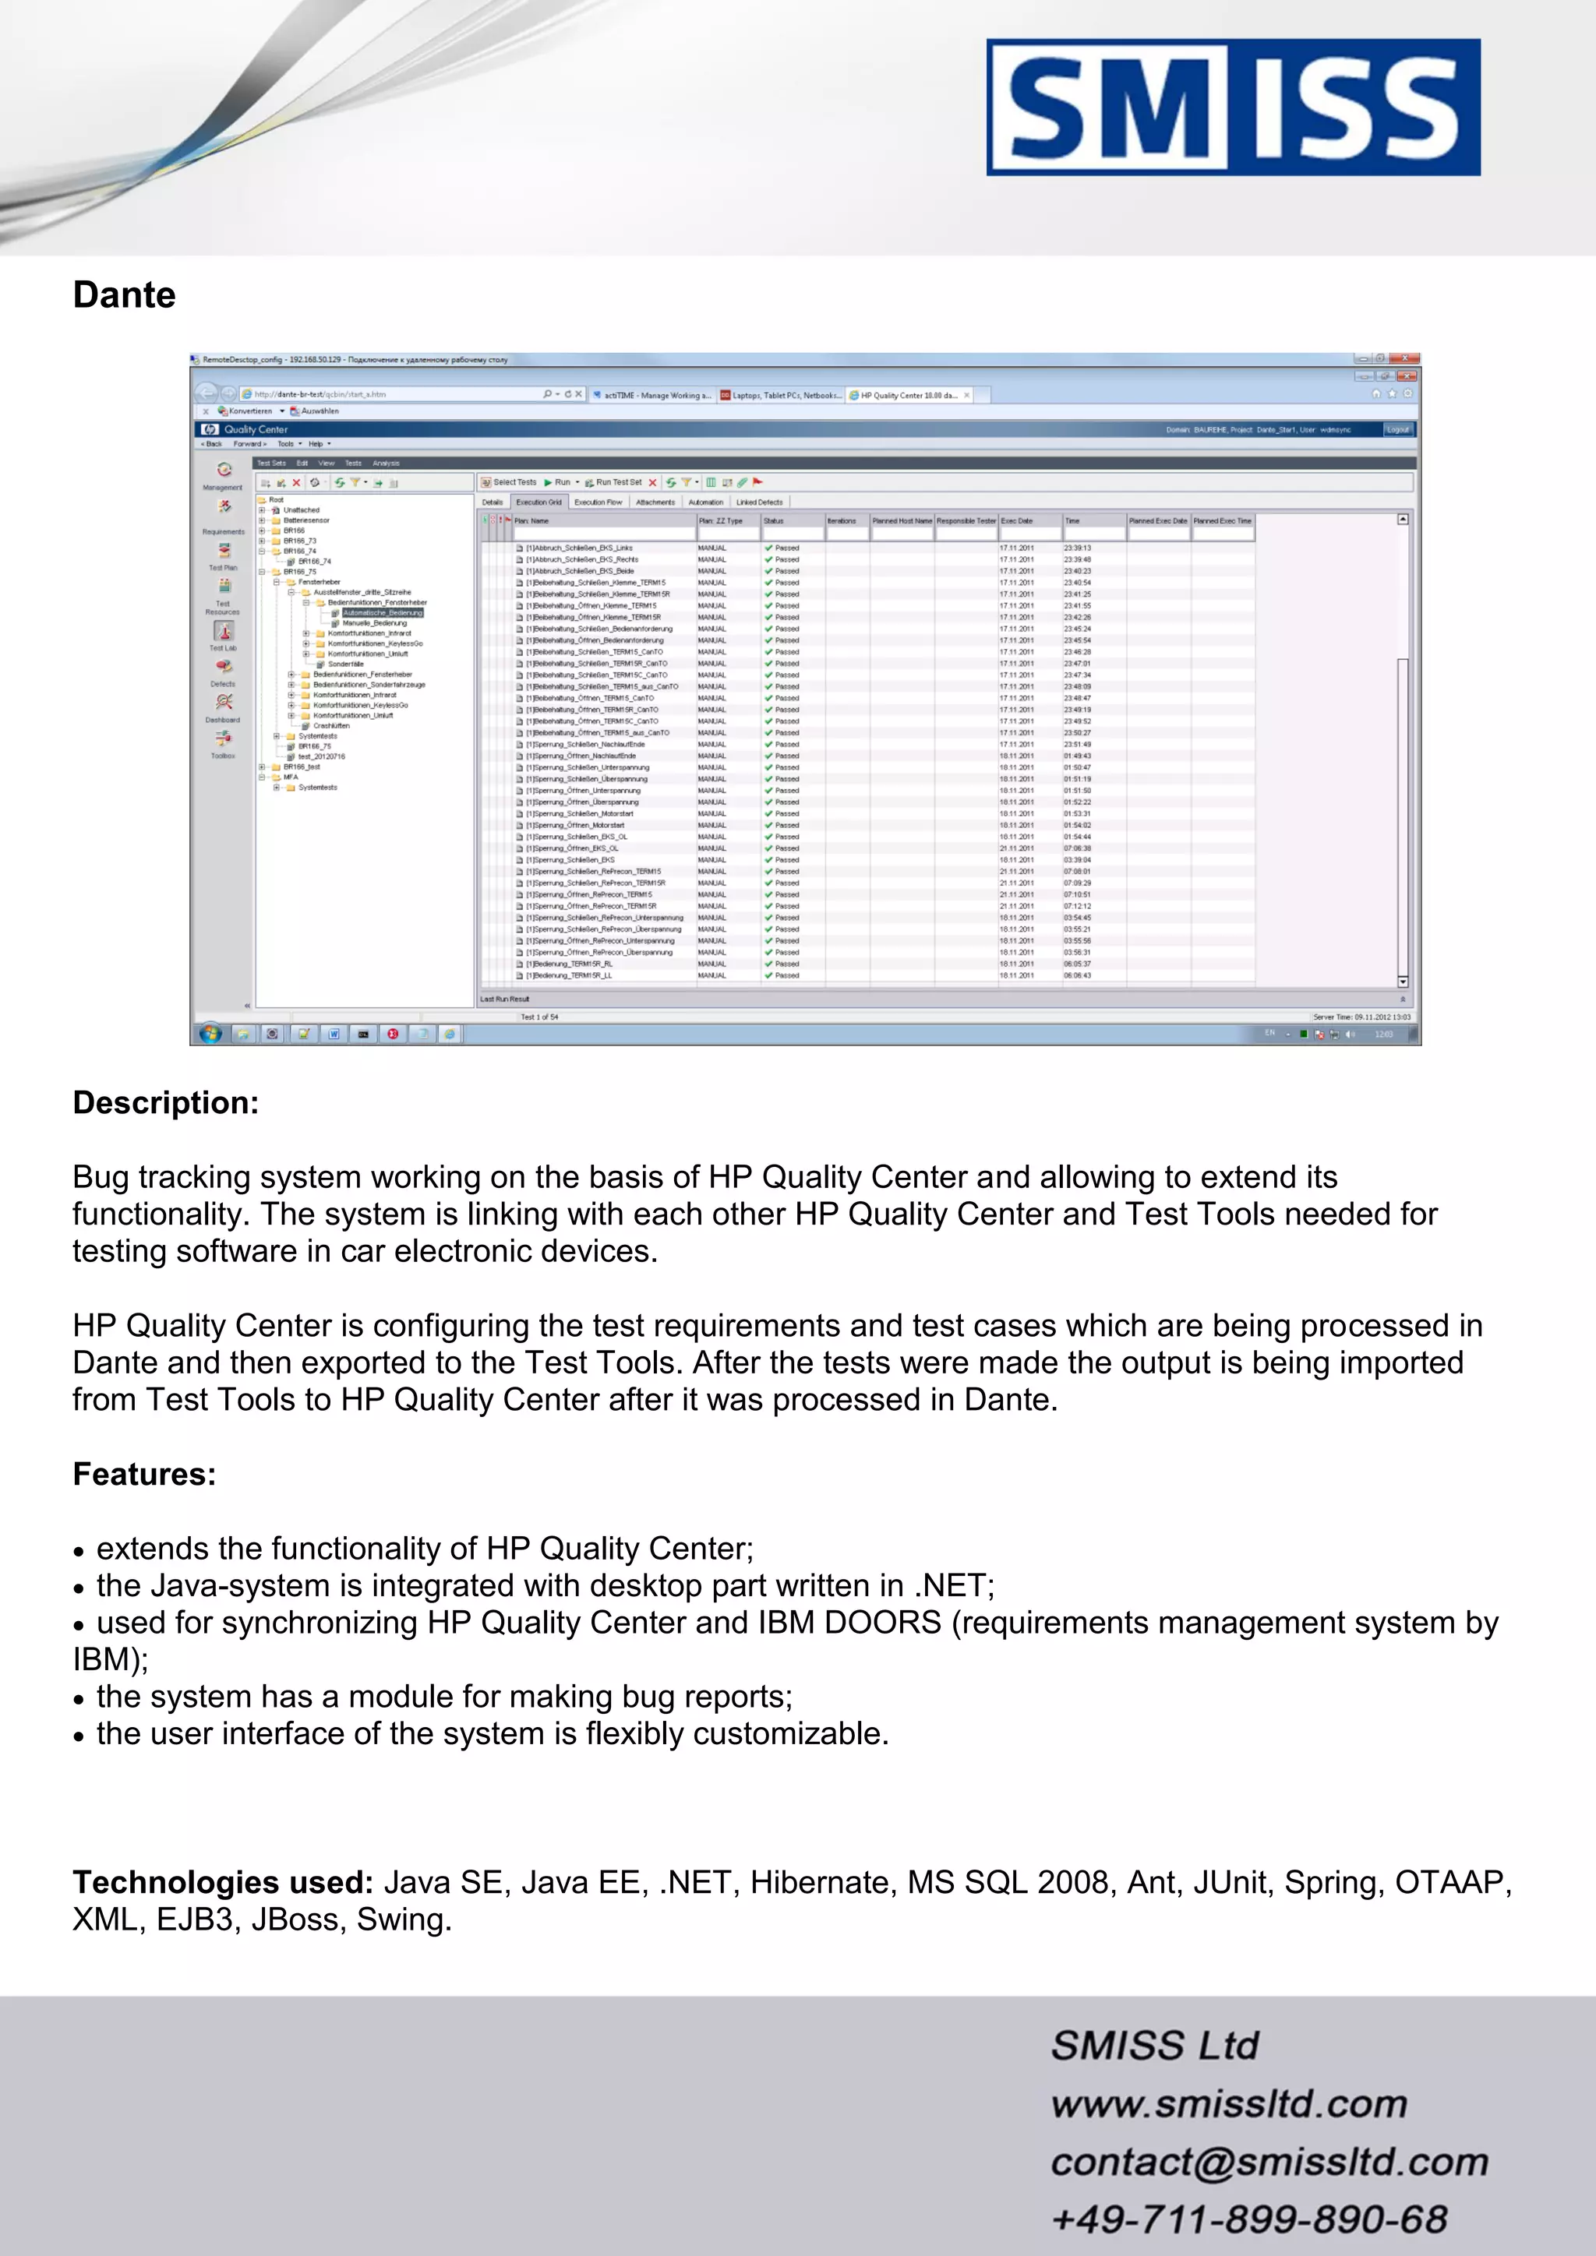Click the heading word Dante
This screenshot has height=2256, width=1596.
124,294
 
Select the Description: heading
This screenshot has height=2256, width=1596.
165,1102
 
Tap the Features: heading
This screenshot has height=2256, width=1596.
143,1474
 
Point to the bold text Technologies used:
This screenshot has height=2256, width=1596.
222,1881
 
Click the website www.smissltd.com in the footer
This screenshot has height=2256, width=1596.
1228,2103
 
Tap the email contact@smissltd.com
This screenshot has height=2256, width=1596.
1269,2162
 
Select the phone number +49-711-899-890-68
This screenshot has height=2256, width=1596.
1249,2219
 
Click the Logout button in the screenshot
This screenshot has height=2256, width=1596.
1397,429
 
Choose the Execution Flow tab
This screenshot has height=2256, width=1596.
598,502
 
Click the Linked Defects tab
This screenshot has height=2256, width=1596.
760,502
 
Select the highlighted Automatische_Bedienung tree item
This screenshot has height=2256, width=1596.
383,612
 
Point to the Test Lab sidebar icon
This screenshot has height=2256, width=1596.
223,632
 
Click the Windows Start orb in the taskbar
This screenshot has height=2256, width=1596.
210,1034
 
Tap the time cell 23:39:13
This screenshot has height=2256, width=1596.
1077,548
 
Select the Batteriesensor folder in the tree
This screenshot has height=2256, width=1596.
305,521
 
